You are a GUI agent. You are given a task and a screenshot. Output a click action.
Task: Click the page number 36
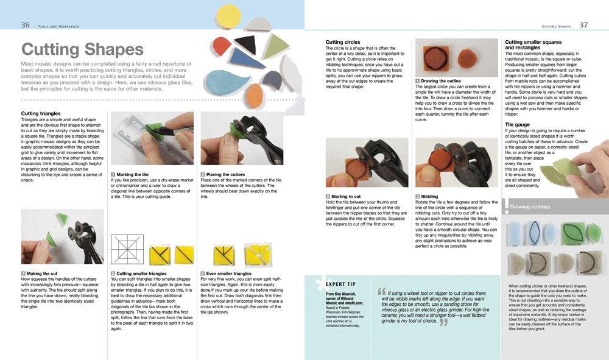(x=26, y=25)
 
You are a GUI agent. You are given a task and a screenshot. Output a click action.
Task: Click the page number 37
(x=583, y=25)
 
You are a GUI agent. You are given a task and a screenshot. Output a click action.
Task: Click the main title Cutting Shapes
(x=82, y=50)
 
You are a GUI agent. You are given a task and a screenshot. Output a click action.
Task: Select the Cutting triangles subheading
(x=41, y=113)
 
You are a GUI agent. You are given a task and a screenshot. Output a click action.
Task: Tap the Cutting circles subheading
(x=343, y=42)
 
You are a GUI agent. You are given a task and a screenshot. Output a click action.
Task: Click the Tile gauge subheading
(x=518, y=124)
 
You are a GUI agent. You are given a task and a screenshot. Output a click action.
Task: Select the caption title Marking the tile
(x=132, y=175)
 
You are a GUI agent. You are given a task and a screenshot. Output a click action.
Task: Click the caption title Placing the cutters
(x=227, y=175)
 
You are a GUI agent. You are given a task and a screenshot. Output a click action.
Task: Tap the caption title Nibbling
(x=429, y=197)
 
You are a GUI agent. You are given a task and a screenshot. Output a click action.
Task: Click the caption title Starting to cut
(x=348, y=197)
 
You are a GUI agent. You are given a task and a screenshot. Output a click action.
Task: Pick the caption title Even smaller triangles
(x=228, y=274)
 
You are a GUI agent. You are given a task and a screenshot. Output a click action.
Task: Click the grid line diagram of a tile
(x=127, y=249)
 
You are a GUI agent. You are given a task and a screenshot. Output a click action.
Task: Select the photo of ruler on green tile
(x=152, y=138)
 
